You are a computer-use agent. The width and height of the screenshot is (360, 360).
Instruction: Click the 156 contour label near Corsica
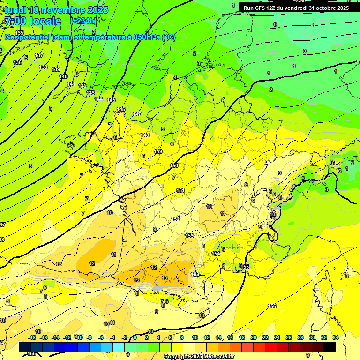(x=272, y=306)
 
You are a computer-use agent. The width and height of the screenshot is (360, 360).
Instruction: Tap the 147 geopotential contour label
(x=137, y=114)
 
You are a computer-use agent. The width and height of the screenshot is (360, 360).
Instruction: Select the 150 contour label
(x=174, y=165)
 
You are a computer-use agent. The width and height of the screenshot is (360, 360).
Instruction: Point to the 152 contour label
(x=176, y=219)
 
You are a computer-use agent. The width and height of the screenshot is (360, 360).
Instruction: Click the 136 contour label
(x=17, y=62)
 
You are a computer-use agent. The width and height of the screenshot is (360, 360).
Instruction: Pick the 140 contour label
(x=63, y=76)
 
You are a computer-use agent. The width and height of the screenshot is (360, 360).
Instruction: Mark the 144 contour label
(x=99, y=99)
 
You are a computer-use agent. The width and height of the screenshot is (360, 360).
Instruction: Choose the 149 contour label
(x=158, y=151)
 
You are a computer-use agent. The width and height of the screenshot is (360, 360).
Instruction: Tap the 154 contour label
(x=216, y=254)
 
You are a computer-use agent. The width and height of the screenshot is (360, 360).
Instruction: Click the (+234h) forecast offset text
(x=83, y=21)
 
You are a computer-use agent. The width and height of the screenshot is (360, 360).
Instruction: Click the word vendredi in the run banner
(x=299, y=8)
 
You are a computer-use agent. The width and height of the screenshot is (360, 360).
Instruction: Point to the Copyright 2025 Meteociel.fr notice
(x=199, y=357)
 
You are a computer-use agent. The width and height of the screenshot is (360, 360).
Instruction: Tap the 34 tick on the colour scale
(x=336, y=337)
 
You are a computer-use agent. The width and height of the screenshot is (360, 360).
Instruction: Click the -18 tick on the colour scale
(x=32, y=337)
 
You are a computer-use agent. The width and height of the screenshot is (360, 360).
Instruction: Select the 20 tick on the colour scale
(x=254, y=337)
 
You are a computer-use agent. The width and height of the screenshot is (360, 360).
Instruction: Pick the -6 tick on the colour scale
(x=101, y=337)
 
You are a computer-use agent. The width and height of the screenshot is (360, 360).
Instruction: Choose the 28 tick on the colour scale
(x=300, y=337)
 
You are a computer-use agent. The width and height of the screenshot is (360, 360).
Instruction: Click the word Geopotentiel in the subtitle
(x=28, y=37)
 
